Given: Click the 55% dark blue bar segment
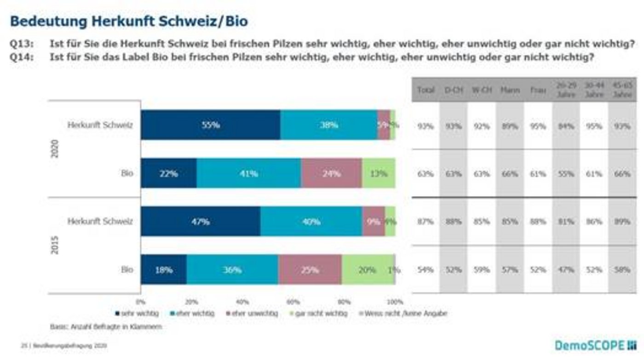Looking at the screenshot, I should (x=211, y=125).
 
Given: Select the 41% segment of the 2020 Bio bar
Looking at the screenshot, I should (x=248, y=173).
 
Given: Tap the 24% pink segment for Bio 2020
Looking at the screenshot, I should (x=331, y=173).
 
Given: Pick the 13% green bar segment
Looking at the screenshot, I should (x=378, y=173).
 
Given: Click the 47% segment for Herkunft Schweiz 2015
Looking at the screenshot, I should (x=201, y=222).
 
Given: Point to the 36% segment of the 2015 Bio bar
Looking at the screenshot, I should (x=232, y=270).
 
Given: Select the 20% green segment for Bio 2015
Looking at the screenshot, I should (x=368, y=270).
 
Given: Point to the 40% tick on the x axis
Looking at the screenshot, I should (x=242, y=302).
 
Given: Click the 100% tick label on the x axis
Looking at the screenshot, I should (x=395, y=302).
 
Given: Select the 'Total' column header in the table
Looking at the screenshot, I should (x=425, y=90).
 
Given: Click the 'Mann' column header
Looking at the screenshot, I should (x=510, y=90).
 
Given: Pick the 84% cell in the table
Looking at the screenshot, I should (x=566, y=126).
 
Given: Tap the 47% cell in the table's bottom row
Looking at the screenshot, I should (x=566, y=270).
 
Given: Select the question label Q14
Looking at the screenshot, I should (x=20, y=58).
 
